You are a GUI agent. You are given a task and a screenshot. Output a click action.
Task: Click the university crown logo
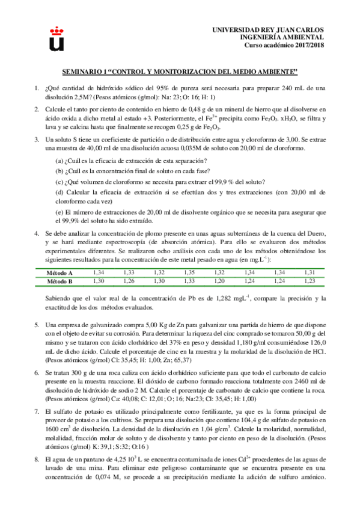click(56, 38)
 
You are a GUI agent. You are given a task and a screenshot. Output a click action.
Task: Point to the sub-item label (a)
click(59, 161)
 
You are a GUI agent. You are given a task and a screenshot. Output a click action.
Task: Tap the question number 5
click(37, 325)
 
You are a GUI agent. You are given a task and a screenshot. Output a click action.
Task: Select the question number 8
click(37, 458)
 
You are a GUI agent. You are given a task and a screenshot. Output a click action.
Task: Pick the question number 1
click(37, 88)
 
